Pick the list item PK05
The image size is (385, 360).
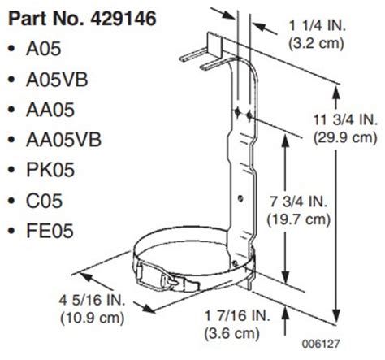point(50,170)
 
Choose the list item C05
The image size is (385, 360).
point(45,200)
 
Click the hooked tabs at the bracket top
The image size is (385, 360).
point(199,52)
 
